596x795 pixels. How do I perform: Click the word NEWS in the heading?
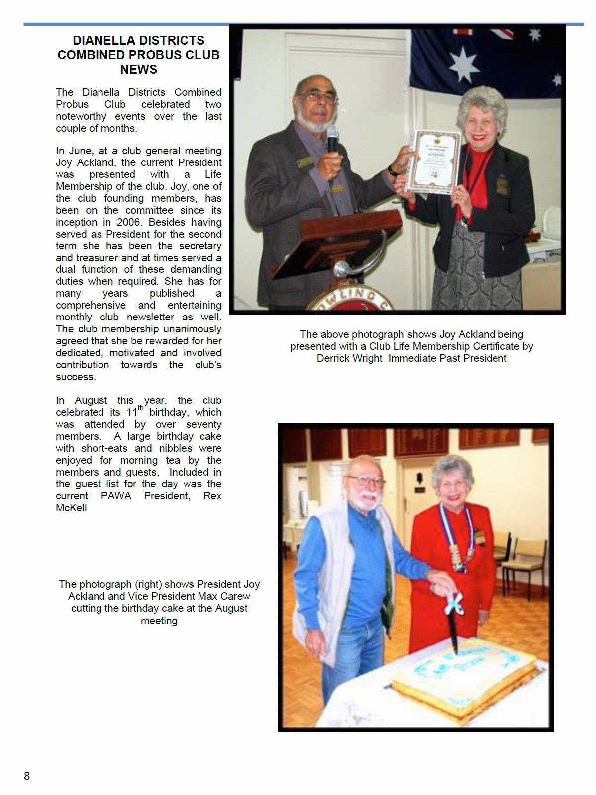tap(138, 69)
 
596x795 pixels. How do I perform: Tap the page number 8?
tap(27, 776)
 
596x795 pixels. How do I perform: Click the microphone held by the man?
tap(332, 139)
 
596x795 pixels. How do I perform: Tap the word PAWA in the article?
tap(116, 496)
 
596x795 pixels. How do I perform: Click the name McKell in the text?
tap(71, 508)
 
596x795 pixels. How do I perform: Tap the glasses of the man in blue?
tap(367, 481)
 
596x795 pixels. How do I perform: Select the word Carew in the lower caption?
tap(235, 596)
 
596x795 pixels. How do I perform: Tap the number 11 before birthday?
tap(132, 413)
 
